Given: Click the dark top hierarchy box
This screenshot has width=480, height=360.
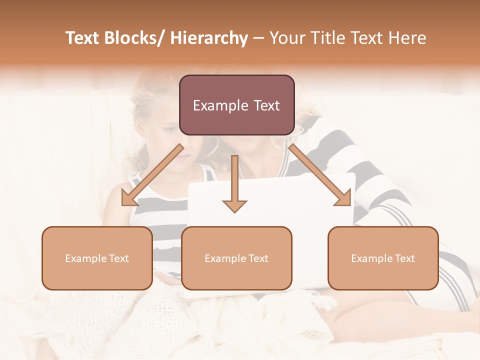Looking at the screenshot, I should coord(236,105).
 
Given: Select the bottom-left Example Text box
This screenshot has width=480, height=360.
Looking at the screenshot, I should coord(97,258).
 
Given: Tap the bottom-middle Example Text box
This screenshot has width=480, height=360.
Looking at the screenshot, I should coord(236,258).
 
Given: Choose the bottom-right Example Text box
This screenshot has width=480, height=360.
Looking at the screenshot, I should coord(383,258).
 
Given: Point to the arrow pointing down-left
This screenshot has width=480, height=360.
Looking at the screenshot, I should coord(153,175).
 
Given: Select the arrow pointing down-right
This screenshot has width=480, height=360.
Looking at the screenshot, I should coord(320,175).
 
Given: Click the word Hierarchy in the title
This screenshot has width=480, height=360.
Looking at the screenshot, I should coord(209,38).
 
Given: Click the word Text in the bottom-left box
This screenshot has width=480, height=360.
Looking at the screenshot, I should coord(118,258).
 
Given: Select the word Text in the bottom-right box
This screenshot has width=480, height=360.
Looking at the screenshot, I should coord(404,258).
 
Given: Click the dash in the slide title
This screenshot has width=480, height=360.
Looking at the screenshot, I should coord(258,38).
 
